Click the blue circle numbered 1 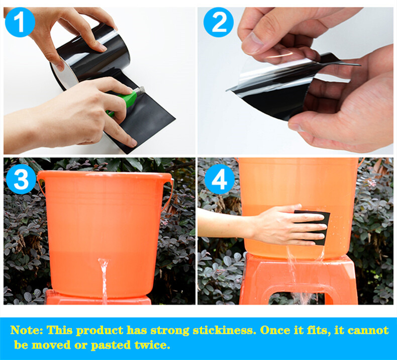[20, 22]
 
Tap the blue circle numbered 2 [218, 22]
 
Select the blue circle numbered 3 [21, 179]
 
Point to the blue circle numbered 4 [220, 179]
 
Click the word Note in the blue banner [25, 330]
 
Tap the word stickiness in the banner [223, 330]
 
